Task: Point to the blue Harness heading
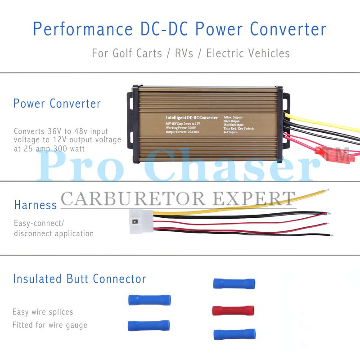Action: tap(35, 205)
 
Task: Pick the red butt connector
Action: tap(233, 310)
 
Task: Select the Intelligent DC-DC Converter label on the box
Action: tap(192, 117)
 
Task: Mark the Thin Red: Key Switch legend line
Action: tap(238, 129)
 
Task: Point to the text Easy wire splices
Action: tap(43, 312)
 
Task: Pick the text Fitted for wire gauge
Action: tap(50, 325)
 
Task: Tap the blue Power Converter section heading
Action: tap(57, 103)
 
